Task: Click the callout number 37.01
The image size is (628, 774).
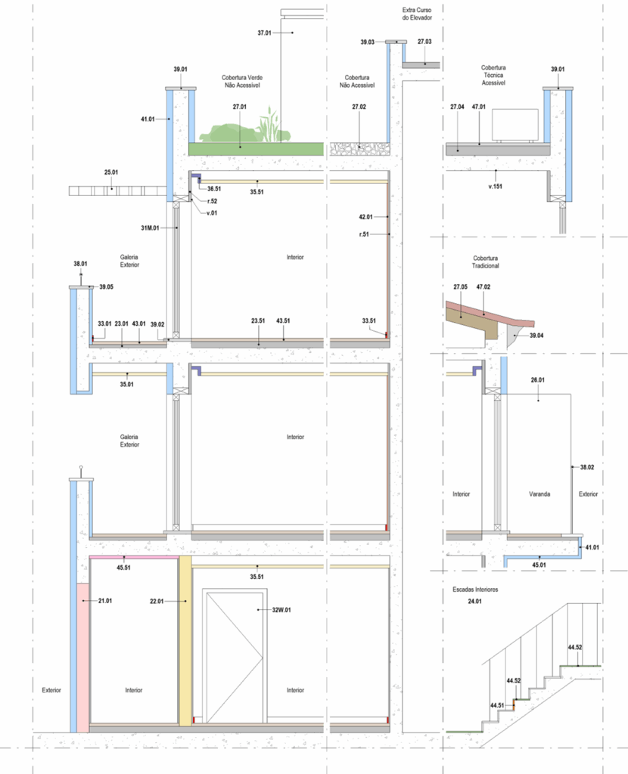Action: (264, 33)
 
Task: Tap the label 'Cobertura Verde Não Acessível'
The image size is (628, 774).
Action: (242, 82)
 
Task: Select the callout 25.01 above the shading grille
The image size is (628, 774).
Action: (111, 172)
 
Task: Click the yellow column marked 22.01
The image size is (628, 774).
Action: (185, 641)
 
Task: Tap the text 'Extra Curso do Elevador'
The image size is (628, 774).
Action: (417, 14)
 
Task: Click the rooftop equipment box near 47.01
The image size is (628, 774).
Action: (515, 125)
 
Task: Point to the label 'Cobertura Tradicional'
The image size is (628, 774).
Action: (485, 262)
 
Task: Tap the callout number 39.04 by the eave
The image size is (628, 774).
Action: (536, 336)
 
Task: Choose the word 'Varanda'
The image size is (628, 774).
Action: (539, 494)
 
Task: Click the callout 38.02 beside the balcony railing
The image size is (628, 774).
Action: (587, 467)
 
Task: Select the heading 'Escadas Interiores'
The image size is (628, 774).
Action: (475, 590)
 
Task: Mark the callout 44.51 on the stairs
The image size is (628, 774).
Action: (497, 705)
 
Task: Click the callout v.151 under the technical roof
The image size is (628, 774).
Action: (495, 187)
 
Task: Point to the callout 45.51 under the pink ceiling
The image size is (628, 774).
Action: (123, 568)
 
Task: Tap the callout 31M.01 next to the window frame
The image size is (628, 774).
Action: (150, 228)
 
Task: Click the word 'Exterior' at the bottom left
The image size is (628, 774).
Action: (51, 690)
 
